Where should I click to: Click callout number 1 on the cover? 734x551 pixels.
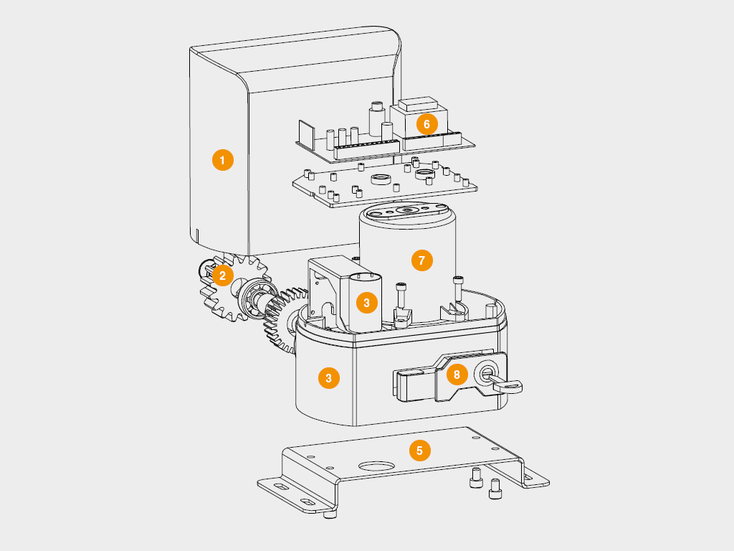pyautogui.click(x=223, y=160)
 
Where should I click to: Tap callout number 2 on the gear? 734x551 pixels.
pyautogui.click(x=223, y=275)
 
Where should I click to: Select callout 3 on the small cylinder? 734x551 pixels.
pyautogui.click(x=366, y=303)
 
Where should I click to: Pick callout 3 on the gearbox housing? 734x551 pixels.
pyautogui.click(x=328, y=378)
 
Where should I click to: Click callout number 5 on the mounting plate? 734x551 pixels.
pyautogui.click(x=419, y=451)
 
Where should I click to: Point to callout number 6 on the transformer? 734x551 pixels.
pyautogui.click(x=426, y=124)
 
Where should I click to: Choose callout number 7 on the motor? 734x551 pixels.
pyautogui.click(x=421, y=260)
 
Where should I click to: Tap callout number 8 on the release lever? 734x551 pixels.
pyautogui.click(x=457, y=375)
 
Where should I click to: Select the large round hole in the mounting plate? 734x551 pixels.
pyautogui.click(x=376, y=466)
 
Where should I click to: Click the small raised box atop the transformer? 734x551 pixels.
pyautogui.click(x=418, y=103)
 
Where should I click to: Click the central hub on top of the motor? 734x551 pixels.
pyautogui.click(x=406, y=210)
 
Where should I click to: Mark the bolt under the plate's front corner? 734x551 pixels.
pyautogui.click(x=330, y=514)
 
